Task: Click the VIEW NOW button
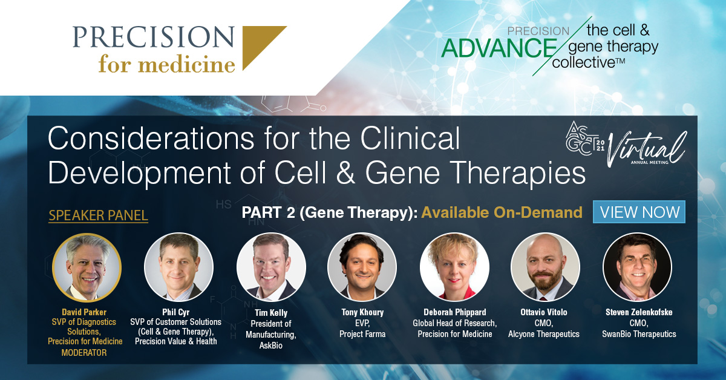point(639,212)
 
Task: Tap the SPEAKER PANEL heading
point(98,215)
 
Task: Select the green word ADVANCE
point(499,48)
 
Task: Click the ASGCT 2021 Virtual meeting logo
point(626,144)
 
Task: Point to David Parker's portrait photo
point(87,267)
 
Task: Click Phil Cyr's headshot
point(178,267)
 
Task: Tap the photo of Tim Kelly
point(271,267)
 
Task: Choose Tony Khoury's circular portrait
point(362,267)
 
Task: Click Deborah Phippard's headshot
point(454,267)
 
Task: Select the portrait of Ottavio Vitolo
point(545,267)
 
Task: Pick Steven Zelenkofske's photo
point(637,267)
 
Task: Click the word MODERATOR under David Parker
point(84,352)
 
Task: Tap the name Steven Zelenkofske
point(639,312)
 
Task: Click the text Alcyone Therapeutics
point(543,334)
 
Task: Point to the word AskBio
point(271,346)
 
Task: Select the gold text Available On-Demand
point(502,212)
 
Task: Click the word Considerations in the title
point(151,138)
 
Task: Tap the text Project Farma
point(362,334)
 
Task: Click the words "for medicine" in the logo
point(167,64)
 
